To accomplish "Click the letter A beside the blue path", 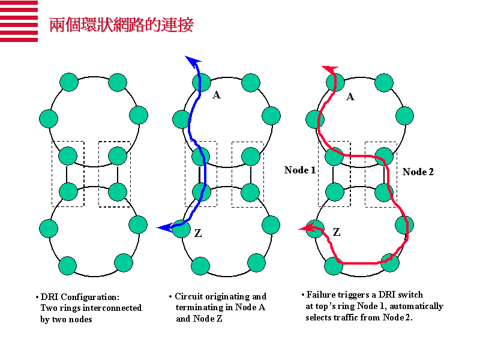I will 217,95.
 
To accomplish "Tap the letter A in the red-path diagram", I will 350,97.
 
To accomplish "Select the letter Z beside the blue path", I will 198,233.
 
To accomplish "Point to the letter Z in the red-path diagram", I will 337,232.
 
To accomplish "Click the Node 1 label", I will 300,170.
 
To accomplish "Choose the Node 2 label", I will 418,172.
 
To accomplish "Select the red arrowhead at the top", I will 329,69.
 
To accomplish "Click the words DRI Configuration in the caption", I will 80,297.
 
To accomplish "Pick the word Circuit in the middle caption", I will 188,296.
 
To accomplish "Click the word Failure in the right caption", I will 322,295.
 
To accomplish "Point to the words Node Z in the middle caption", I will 208,319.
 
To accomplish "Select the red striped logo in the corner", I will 19,22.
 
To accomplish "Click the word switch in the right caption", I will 410,295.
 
